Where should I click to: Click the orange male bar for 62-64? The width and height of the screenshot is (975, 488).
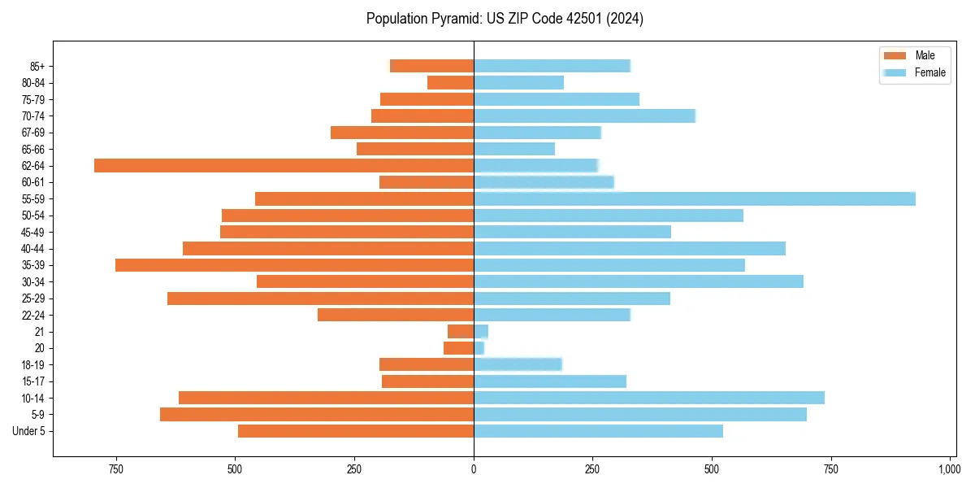tap(284, 166)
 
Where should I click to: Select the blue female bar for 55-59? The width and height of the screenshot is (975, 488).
tap(695, 199)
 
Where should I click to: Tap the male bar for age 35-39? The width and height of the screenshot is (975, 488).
tap(294, 265)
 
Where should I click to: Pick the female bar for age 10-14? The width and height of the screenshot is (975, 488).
tap(649, 398)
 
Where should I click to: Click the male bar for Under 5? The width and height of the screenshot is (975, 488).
tap(356, 431)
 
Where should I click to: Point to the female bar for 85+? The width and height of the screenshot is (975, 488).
tap(552, 66)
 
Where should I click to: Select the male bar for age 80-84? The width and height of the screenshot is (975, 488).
tap(451, 83)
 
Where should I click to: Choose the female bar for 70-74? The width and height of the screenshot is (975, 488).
tap(585, 116)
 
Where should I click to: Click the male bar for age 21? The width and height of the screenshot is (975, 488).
tap(461, 332)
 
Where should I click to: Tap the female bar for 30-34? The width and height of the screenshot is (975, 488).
tap(639, 281)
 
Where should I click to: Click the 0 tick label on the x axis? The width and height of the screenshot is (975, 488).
tap(474, 469)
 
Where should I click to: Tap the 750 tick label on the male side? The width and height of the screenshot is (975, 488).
tap(115, 469)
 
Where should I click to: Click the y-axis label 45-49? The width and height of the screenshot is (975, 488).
tap(32, 233)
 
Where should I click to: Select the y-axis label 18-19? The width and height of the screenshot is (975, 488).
tap(32, 365)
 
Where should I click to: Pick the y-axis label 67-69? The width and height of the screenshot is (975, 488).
tap(32, 133)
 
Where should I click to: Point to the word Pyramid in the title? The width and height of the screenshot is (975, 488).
tap(451, 19)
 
